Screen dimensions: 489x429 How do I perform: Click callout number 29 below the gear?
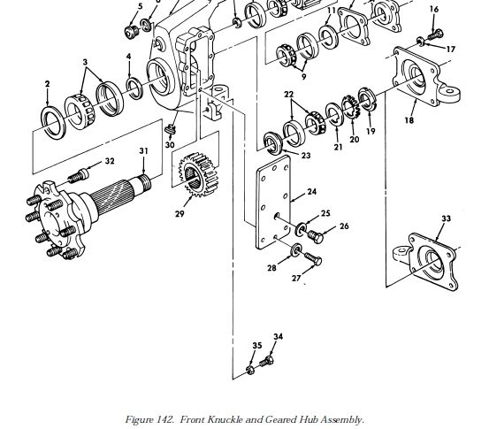click(180, 214)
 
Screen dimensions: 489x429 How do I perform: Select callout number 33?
click(446, 218)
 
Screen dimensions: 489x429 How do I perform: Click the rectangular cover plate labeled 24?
click(273, 203)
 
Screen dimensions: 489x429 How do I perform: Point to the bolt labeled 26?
click(316, 236)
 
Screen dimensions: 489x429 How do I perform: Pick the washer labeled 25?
click(301, 229)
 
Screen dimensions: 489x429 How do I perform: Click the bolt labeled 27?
click(313, 258)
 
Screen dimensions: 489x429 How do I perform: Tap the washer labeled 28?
click(295, 250)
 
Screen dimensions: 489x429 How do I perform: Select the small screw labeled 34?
click(267, 362)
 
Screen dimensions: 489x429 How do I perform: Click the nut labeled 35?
click(249, 371)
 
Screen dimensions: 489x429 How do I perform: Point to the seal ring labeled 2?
click(53, 123)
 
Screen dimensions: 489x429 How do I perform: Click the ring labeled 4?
click(134, 88)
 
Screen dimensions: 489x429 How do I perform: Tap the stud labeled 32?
click(79, 176)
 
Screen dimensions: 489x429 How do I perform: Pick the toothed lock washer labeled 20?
click(351, 107)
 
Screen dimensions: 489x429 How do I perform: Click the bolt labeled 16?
click(436, 34)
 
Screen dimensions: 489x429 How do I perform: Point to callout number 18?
click(409, 119)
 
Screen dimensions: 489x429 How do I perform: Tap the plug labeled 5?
click(132, 32)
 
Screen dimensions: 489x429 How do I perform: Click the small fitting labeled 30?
click(171, 129)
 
